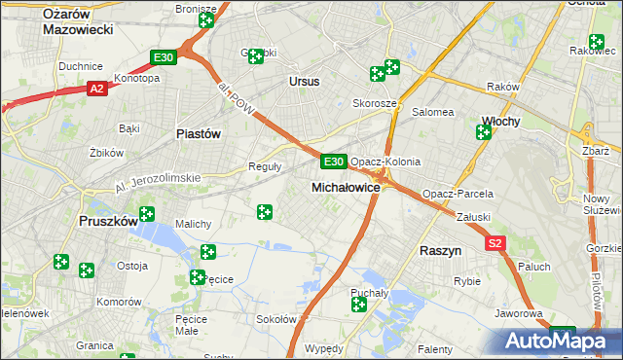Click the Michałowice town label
tap(345, 187)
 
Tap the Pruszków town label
tap(107, 222)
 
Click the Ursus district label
tap(304, 82)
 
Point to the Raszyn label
tap(440, 250)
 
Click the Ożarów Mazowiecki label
tap(79, 20)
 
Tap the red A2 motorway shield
tap(96, 89)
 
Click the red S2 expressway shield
tap(496, 243)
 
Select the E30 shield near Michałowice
tap(333, 161)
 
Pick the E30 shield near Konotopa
tap(164, 58)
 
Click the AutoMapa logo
tap(554, 342)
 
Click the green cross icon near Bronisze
tap(206, 20)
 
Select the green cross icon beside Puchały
tap(358, 306)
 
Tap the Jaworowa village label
tap(518, 314)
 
